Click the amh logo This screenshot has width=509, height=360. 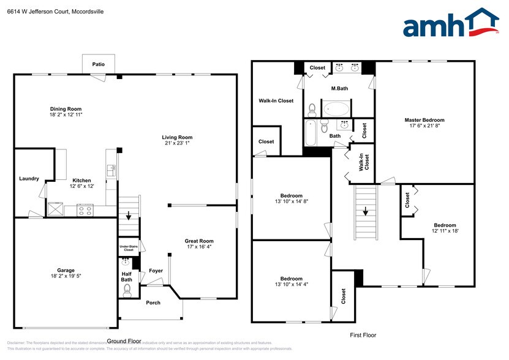pyautogui.click(x=450, y=26)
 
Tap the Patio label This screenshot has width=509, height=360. pyautogui.click(x=98, y=64)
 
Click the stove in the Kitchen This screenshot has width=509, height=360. pyautogui.click(x=85, y=209)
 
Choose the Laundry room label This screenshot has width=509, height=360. pyautogui.click(x=29, y=179)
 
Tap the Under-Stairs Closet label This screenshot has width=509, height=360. pyautogui.click(x=128, y=248)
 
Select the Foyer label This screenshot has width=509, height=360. pyautogui.click(x=156, y=271)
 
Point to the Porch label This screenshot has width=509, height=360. pyautogui.click(x=152, y=302)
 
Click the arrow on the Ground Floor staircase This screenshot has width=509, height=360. pyautogui.click(x=129, y=216)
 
